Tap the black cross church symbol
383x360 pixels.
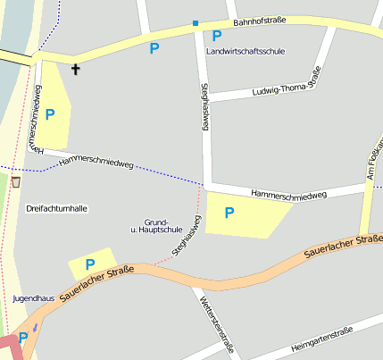(75, 69)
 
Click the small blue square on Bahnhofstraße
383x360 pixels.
(196, 22)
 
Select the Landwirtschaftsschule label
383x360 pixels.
(245, 52)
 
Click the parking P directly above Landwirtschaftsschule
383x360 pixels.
(217, 37)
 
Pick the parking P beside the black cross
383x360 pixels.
(50, 114)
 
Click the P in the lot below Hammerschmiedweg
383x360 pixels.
(229, 213)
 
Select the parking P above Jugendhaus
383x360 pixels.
(89, 264)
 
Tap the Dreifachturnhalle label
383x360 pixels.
(57, 208)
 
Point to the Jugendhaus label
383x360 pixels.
(35, 297)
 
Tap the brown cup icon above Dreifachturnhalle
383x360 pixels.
(15, 181)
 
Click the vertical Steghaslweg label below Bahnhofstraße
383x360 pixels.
(204, 108)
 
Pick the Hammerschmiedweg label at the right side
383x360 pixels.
(289, 194)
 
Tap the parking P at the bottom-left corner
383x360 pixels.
(22, 338)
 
